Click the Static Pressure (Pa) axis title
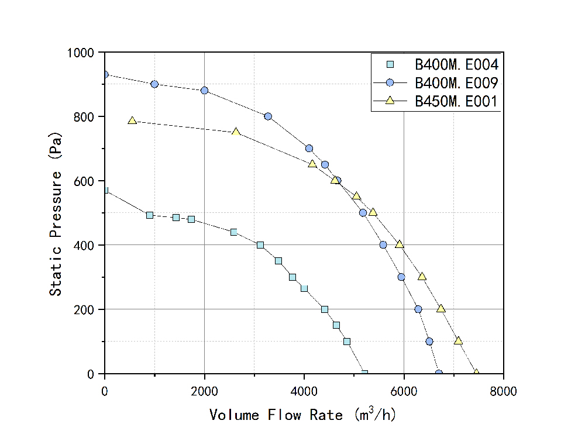click(56, 213)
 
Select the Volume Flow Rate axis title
click(304, 415)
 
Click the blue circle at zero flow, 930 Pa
click(105, 75)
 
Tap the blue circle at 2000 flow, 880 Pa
click(204, 91)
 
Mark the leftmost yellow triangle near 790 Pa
click(132, 120)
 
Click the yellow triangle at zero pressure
click(476, 373)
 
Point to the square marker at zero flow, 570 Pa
click(105, 190)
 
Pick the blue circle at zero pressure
click(439, 373)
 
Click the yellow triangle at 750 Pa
click(236, 132)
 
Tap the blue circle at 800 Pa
click(268, 116)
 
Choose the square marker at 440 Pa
click(234, 232)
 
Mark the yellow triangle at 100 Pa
click(458, 340)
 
